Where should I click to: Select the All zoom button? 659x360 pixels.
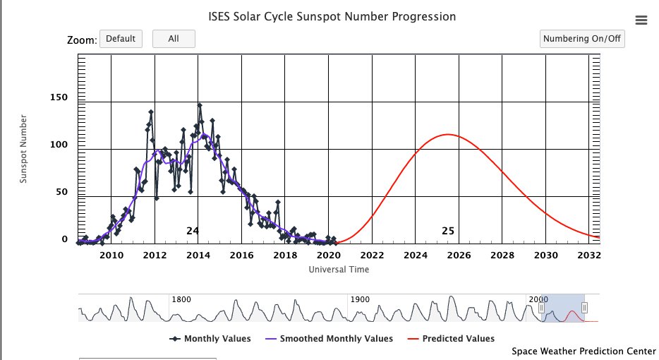(x=174, y=39)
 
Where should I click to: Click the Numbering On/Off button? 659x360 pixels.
(x=582, y=39)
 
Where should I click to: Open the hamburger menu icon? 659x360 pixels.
(x=641, y=20)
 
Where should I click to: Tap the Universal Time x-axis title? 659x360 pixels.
(x=339, y=269)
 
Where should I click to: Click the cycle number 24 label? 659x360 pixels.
(x=193, y=231)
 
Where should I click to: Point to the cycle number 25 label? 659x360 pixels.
(x=448, y=231)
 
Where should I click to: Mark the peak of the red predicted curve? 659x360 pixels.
(x=447, y=134)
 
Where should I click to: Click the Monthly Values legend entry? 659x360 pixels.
(x=217, y=339)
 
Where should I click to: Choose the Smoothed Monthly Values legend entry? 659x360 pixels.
(x=336, y=339)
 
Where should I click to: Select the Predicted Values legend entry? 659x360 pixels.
(x=458, y=339)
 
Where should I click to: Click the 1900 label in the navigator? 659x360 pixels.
(x=360, y=299)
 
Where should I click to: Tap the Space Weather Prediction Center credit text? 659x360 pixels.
(x=584, y=351)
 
